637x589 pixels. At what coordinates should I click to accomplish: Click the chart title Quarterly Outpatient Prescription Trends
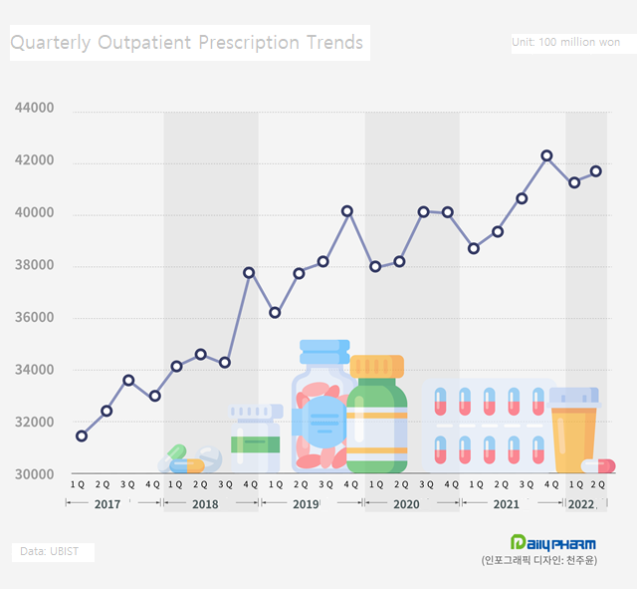tap(187, 43)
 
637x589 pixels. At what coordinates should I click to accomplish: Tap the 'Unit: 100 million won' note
tap(565, 42)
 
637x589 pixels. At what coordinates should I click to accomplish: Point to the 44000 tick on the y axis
tap(35, 109)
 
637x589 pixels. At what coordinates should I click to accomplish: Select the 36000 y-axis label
tap(35, 318)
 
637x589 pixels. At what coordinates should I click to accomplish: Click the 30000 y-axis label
tap(35, 474)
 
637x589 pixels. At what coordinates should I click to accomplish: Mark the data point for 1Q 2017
tap(82, 436)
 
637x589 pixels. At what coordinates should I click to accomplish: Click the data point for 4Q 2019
tap(347, 211)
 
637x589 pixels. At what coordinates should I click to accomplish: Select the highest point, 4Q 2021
tap(546, 155)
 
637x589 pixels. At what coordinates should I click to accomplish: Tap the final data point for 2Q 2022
tap(596, 170)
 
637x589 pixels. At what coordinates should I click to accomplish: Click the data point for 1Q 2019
tap(275, 313)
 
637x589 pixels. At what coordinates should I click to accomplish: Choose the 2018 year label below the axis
tap(205, 504)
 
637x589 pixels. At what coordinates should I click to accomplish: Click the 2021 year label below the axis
tap(506, 504)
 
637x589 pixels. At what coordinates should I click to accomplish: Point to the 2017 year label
tap(106, 504)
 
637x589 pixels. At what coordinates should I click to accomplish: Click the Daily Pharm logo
tap(552, 543)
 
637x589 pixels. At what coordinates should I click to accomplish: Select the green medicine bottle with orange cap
tap(377, 414)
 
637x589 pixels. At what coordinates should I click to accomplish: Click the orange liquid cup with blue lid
tap(573, 431)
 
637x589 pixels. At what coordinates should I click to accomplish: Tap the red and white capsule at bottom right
tap(599, 465)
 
